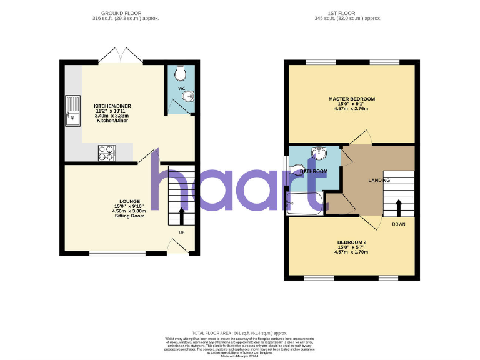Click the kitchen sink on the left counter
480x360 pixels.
73,110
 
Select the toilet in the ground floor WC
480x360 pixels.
181,74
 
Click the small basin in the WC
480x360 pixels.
190,96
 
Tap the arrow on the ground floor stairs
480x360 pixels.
182,216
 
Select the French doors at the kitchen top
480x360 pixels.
122,55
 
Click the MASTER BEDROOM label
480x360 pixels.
352,99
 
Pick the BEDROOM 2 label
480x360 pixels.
351,242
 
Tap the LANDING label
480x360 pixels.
379,181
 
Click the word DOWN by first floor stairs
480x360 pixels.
399,224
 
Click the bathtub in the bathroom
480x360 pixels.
304,204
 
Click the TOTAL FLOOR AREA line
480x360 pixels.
240,334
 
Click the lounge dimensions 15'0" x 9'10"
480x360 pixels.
129,206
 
